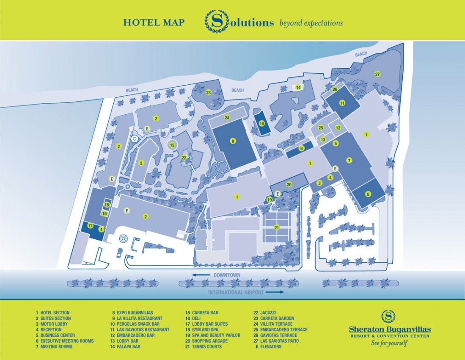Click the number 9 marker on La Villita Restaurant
[233, 141]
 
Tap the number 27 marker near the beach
[377, 74]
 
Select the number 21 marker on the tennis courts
[277, 228]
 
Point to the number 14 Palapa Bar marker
[298, 87]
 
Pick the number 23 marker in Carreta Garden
[208, 93]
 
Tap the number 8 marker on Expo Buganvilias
[368, 195]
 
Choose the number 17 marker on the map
[91, 226]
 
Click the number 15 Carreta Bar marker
[172, 145]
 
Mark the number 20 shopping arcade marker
[289, 185]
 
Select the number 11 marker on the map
[342, 103]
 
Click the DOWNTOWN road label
[227, 275]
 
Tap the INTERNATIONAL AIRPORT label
[236, 292]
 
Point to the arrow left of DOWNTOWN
[202, 275]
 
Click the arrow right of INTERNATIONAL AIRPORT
[275, 292]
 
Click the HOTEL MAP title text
[154, 22]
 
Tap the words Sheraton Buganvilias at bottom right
[390, 329]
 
